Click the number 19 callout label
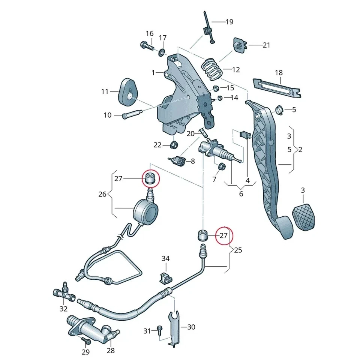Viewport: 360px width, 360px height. [229, 22]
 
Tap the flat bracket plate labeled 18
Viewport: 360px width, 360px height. [277, 87]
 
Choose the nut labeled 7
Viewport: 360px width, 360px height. [221, 167]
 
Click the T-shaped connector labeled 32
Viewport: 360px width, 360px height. [63, 292]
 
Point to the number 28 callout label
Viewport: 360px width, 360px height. [111, 351]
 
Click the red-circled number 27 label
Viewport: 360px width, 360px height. [223, 236]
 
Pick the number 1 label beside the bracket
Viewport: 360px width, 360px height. [153, 73]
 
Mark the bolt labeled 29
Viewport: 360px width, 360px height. [86, 340]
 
